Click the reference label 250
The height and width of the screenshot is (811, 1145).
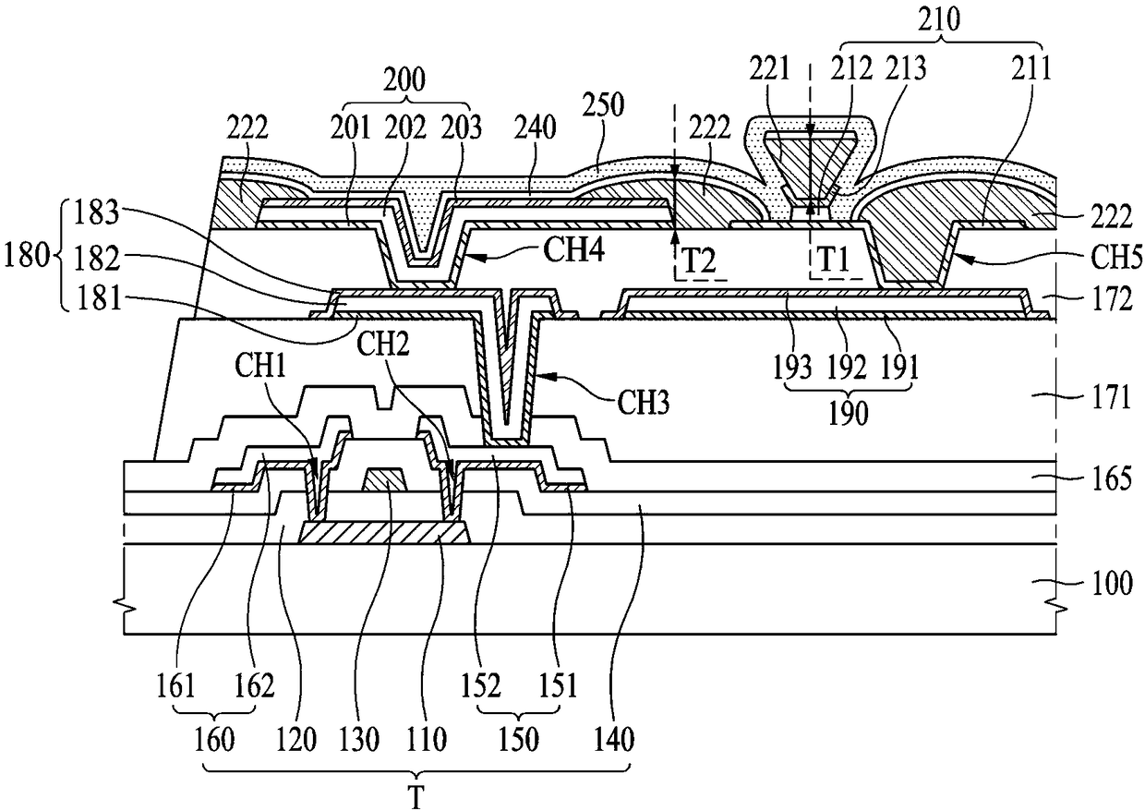coord(604,105)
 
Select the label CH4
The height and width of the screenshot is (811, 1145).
coord(573,250)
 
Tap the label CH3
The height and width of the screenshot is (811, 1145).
coord(644,404)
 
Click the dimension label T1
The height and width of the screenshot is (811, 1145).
coord(833,260)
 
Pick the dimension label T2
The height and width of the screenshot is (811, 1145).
coord(699,260)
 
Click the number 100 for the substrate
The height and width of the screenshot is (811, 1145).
coord(1113,584)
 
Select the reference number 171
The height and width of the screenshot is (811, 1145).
coord(1111,398)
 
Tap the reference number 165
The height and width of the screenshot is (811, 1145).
coord(1113,478)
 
